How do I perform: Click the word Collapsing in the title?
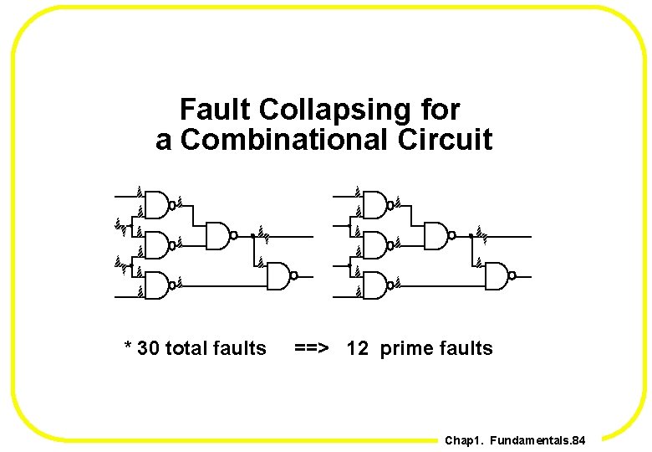[x=359, y=110]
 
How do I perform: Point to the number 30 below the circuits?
[x=149, y=348]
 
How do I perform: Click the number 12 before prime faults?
[x=357, y=348]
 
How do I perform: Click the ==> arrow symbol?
[x=312, y=348]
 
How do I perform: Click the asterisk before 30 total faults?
[x=128, y=347]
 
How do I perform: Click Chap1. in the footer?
[x=464, y=440]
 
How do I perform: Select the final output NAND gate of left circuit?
[x=279, y=275]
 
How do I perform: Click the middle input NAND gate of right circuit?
[x=375, y=244]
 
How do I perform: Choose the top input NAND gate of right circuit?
[x=375, y=203]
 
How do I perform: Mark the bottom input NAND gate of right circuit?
[x=375, y=285]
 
